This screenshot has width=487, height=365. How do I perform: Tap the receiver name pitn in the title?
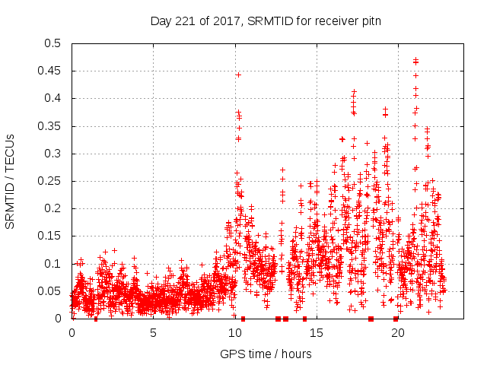[368, 21]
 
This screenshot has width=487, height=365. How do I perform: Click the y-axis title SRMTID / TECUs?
[10, 181]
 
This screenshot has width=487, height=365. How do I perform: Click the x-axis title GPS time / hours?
[266, 354]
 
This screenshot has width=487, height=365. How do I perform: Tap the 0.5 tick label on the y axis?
[54, 43]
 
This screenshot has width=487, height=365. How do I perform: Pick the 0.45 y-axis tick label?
[51, 71]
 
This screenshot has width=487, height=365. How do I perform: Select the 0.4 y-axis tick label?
[54, 99]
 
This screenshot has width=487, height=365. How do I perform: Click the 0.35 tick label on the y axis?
[51, 126]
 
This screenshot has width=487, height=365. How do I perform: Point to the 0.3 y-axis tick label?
[54, 154]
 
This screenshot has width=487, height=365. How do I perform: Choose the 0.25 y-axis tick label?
[51, 181]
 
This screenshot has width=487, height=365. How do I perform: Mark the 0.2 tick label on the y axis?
[54, 209]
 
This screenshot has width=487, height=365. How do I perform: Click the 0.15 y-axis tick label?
[51, 236]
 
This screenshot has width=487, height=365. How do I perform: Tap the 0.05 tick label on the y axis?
[51, 291]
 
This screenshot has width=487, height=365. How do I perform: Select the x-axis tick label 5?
[153, 333]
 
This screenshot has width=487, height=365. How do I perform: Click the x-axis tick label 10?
[234, 333]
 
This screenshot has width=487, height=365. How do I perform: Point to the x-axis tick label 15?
[316, 333]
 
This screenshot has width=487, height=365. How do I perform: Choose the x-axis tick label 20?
[397, 333]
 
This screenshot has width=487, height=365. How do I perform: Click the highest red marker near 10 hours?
[238, 75]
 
